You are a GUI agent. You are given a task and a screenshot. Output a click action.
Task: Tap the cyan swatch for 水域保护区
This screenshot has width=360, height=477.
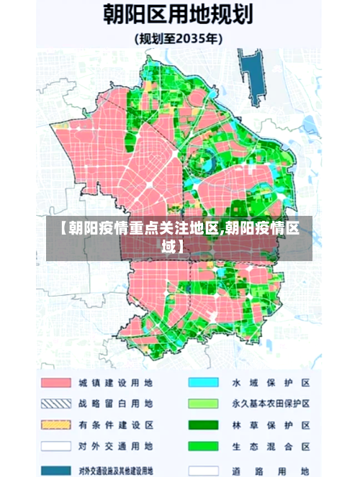[203, 382]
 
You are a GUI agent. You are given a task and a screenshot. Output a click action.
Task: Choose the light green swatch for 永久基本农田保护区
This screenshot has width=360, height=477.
[203, 404]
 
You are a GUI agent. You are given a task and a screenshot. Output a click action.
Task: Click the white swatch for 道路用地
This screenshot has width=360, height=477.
[203, 469]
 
